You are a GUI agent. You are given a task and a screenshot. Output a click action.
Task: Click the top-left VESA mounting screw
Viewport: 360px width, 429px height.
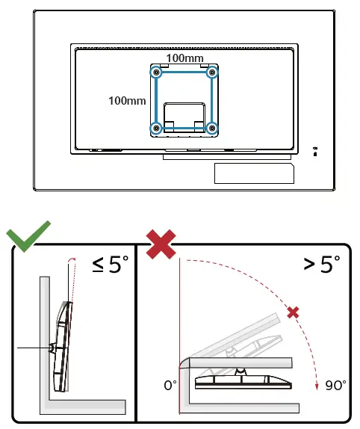click(x=155, y=72)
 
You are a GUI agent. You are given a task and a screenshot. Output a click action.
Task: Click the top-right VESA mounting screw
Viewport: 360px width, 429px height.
click(x=212, y=72)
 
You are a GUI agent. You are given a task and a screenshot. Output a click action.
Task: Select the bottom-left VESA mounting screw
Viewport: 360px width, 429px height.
click(x=155, y=129)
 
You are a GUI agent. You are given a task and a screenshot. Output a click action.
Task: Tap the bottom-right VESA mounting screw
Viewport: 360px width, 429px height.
click(x=212, y=129)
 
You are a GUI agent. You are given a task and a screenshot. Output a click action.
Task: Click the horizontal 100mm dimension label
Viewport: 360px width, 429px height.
click(x=184, y=58)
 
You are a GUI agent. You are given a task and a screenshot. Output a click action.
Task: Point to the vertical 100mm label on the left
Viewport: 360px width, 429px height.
click(x=126, y=100)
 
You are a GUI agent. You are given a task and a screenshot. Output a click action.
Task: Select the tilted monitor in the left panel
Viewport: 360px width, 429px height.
click(x=63, y=345)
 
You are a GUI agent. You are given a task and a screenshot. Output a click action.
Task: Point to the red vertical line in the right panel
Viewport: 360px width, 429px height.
click(x=180, y=336)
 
